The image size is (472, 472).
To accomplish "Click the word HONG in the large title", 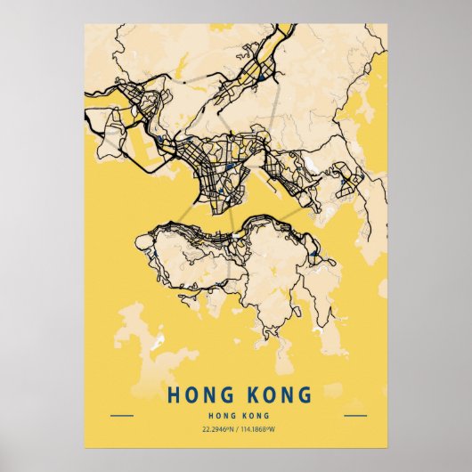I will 199,394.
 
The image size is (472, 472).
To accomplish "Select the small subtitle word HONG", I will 220,415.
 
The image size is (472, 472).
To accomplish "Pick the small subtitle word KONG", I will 254,415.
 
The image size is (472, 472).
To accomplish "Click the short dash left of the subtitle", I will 121,415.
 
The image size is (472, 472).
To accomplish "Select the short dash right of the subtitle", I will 354,415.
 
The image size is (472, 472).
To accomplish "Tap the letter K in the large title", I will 247,394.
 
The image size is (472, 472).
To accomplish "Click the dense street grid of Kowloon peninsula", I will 209,165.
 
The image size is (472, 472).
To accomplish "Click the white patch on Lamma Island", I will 158,341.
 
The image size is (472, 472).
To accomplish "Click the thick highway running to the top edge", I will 283,36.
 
